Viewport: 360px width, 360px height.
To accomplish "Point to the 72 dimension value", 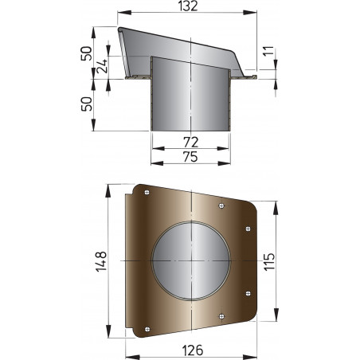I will tap(190, 141).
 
